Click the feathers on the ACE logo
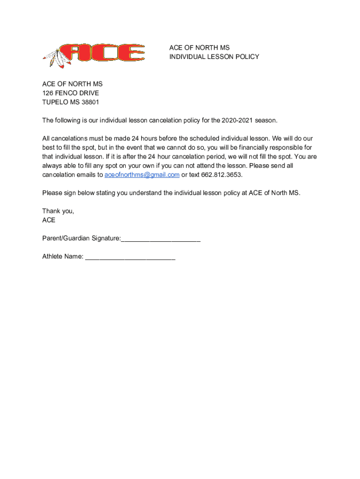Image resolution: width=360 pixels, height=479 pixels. click(x=57, y=58)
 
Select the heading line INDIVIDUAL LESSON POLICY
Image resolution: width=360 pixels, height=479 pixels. click(x=214, y=57)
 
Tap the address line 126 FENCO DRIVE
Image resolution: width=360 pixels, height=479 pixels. click(x=71, y=93)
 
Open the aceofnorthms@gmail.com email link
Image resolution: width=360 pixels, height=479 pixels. click(x=142, y=175)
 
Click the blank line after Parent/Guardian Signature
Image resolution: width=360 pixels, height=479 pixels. click(x=161, y=239)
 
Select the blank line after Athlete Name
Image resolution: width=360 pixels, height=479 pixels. click(x=130, y=257)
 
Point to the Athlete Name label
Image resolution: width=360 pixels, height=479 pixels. click(x=63, y=256)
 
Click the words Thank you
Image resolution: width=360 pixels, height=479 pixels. click(x=58, y=211)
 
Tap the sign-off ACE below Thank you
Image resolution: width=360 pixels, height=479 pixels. click(x=49, y=220)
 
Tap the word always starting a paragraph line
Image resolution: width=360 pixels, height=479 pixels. click(x=52, y=166)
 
